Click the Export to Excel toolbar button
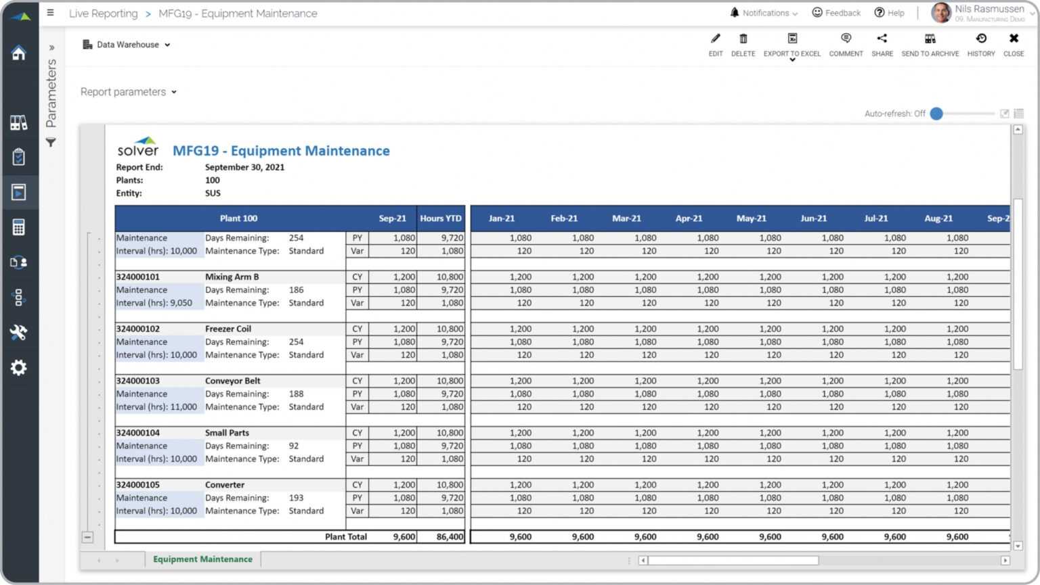792,45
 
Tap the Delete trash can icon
743,45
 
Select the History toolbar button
980,45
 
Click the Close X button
1013,45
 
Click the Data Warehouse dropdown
127,45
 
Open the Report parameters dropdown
128,92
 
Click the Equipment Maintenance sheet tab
202,559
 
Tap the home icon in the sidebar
18,53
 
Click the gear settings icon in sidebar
18,367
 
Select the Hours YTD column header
441,218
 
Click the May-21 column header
751,218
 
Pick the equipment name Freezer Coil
228,329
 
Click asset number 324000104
138,433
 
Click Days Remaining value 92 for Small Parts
294,446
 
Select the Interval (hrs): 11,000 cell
156,407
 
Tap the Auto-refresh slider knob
936,114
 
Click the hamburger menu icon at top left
50,13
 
